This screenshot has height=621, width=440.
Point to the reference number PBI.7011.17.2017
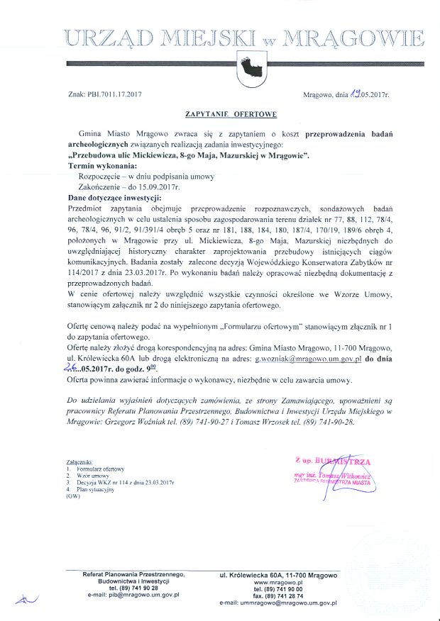(x=113, y=94)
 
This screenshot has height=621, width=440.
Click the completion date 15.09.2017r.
(x=157, y=186)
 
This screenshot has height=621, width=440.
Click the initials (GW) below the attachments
(x=73, y=496)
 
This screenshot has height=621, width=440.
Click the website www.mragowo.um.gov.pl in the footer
(x=278, y=582)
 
